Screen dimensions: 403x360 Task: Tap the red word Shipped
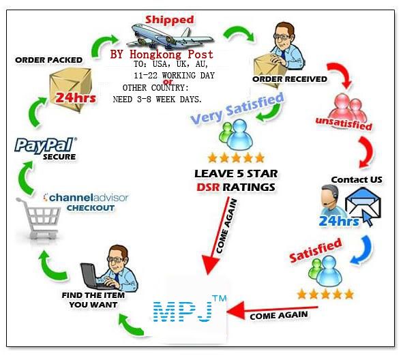coord(169,20)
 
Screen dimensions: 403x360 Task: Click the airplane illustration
coord(170,36)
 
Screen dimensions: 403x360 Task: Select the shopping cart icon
coord(39,218)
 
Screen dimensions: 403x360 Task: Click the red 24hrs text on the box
coord(76,98)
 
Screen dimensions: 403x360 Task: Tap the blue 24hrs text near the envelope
coord(339,221)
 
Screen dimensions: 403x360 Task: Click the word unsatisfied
coord(344,123)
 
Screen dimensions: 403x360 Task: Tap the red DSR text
coord(208,187)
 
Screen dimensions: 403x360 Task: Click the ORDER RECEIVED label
coord(290,79)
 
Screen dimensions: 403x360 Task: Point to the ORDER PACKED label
coord(49,60)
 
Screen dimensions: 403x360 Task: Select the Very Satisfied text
coord(237,108)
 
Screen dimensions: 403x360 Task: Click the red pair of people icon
coord(348,108)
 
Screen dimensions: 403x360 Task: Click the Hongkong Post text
coord(171,55)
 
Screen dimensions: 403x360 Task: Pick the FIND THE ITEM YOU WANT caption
coord(93,300)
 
